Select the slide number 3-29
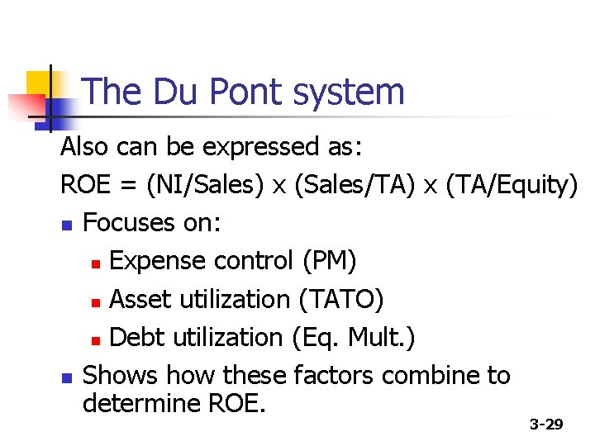pyautogui.click(x=546, y=425)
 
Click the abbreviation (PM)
pyautogui.click(x=330, y=261)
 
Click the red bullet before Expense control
pyautogui.click(x=96, y=263)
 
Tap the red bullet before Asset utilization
pyautogui.click(x=96, y=301)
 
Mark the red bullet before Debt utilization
pyautogui.click(x=96, y=339)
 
